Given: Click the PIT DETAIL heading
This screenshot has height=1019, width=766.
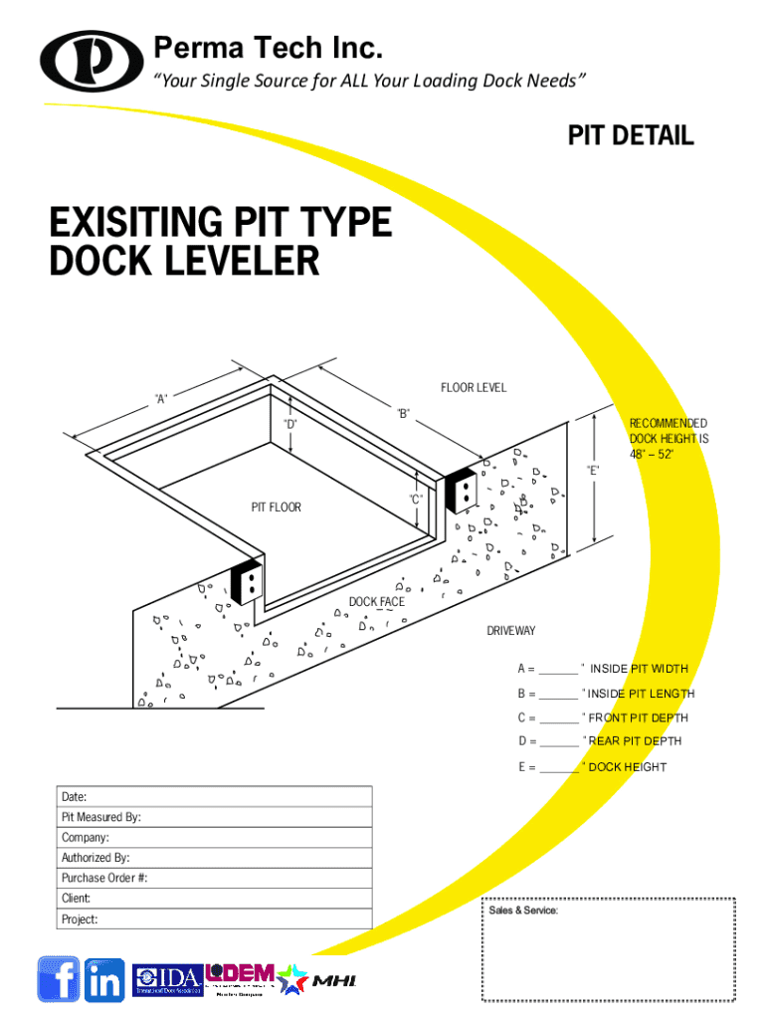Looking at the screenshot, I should (x=631, y=136).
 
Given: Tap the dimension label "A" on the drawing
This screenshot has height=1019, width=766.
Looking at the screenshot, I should (x=160, y=399).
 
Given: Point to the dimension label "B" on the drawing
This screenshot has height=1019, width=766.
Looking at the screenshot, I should (x=403, y=412).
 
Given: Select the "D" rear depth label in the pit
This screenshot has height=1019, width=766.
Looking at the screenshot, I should (x=289, y=424).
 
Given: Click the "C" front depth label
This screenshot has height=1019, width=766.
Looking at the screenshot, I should (x=416, y=498).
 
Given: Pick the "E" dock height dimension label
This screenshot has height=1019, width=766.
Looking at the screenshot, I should (x=593, y=469).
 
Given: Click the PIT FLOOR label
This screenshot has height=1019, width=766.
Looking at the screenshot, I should (x=276, y=508).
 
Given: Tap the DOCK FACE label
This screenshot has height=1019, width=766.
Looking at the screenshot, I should (x=376, y=602).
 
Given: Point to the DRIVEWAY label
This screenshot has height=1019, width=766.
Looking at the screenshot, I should (x=510, y=631).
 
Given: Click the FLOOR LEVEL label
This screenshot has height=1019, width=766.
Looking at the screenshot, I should (x=474, y=387).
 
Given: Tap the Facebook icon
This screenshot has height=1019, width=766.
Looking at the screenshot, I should (x=58, y=979).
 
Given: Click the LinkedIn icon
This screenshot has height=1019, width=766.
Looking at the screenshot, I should (x=104, y=980).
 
